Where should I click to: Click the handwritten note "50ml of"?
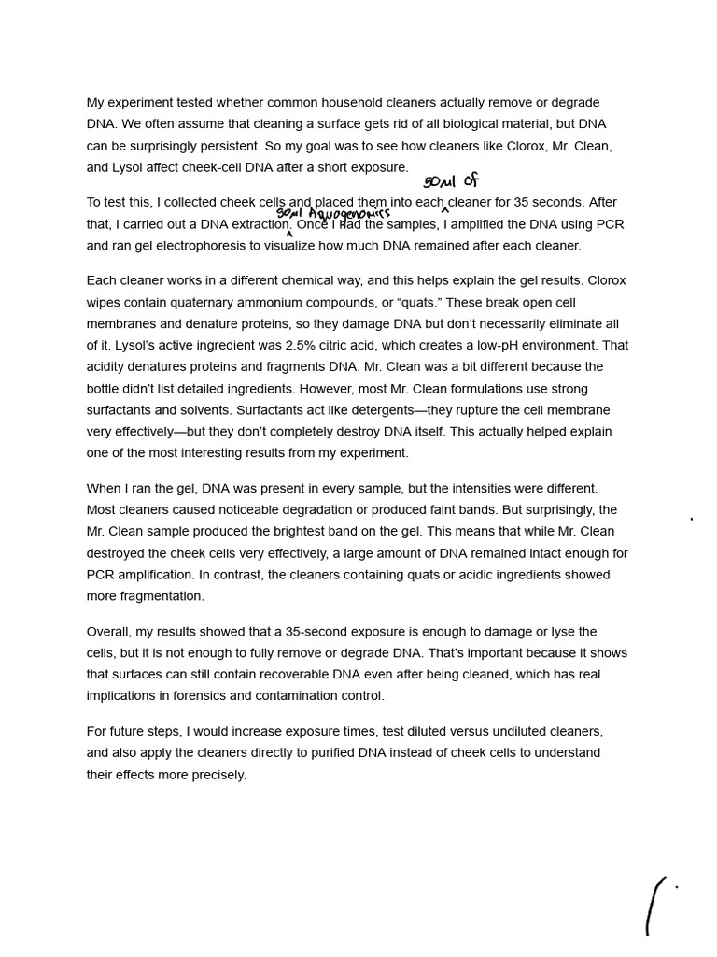point(451,181)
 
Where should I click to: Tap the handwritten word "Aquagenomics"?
point(349,214)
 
